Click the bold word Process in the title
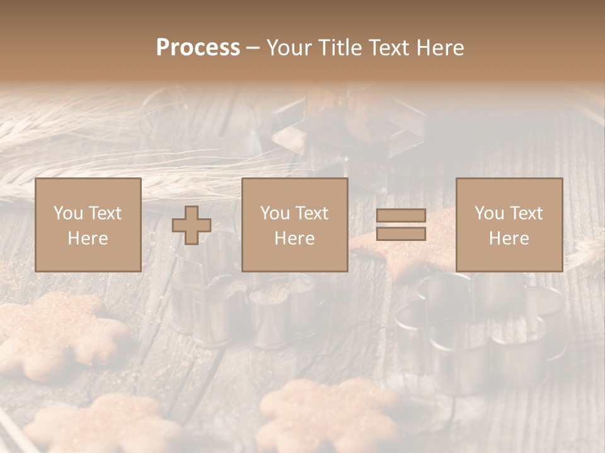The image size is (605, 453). click(198, 48)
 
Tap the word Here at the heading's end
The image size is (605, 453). click(441, 48)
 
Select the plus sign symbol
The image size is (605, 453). click(192, 225)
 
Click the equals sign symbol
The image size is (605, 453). click(401, 225)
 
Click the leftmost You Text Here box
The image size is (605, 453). click(88, 225)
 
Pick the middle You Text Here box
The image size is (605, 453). click(294, 225)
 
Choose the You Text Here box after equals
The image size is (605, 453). click(509, 225)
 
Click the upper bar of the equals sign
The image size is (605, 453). click(401, 216)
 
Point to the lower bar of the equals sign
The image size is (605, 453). click(401, 234)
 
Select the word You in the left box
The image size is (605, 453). click(68, 213)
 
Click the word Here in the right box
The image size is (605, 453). click(509, 238)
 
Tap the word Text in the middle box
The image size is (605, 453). click(313, 213)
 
